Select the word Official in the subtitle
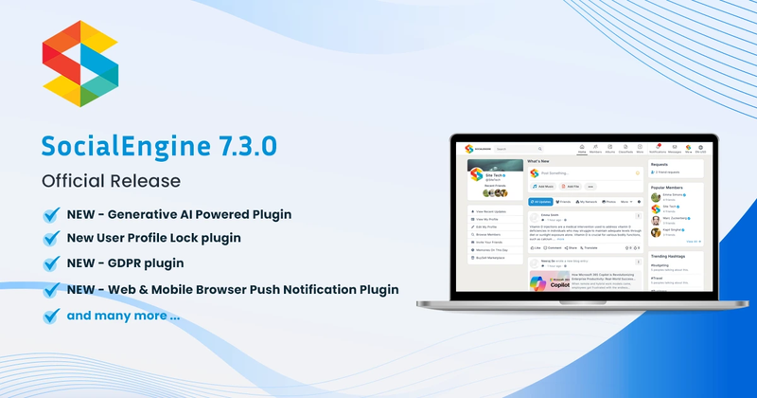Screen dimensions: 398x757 point(76,179)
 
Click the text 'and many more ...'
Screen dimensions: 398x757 point(123,314)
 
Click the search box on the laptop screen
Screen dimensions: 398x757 point(517,149)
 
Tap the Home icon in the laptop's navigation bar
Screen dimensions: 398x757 point(581,148)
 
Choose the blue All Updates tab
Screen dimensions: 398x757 point(541,202)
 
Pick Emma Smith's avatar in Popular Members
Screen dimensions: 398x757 point(655,198)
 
